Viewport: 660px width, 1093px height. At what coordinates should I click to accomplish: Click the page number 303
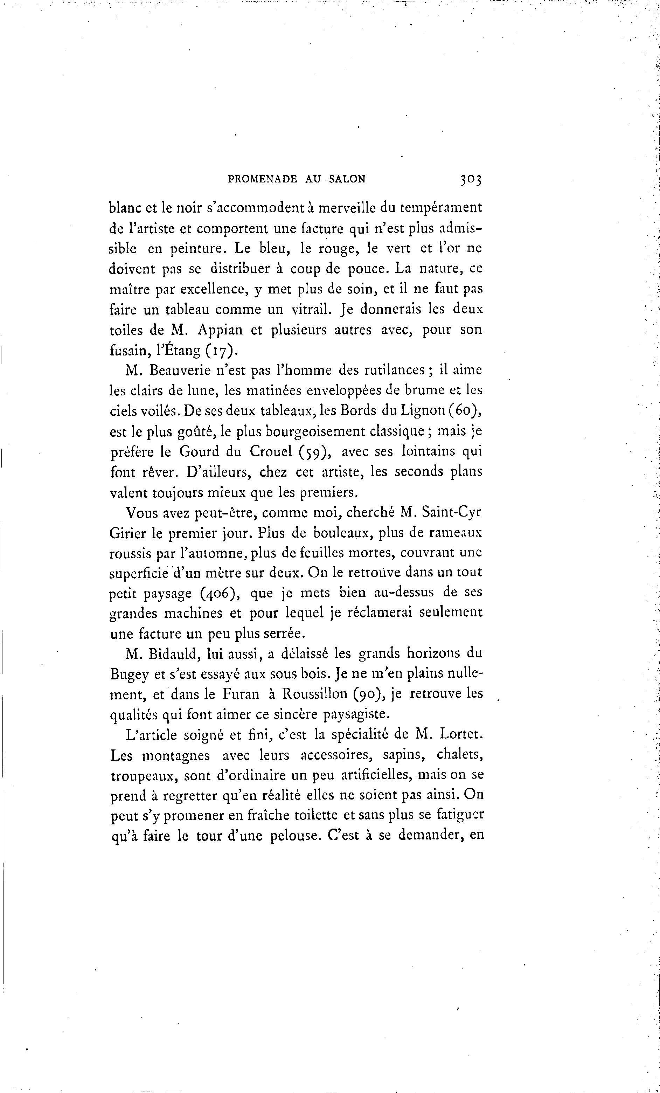point(471,179)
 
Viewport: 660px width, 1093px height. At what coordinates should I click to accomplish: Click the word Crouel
point(271,451)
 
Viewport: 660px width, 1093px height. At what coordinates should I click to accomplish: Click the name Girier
point(128,533)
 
